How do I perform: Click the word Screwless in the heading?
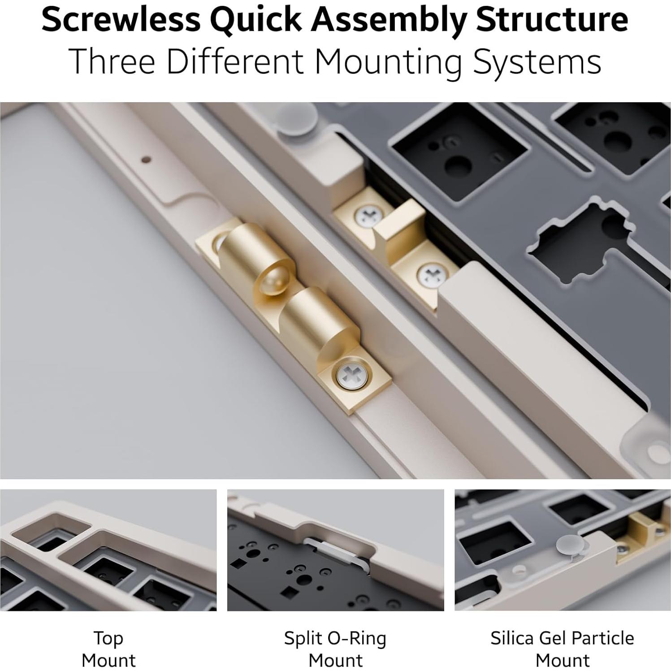121,20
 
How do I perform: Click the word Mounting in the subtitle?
388,61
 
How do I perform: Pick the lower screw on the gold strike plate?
430,274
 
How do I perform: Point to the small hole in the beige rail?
146,159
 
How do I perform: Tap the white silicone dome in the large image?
294,119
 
